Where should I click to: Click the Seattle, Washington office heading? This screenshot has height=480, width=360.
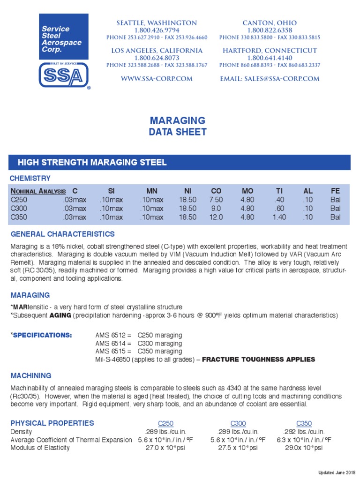coord(157,23)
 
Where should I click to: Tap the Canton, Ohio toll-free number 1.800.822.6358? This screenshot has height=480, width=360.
coord(270,30)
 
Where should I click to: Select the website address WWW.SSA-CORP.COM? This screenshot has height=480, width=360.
coord(157,79)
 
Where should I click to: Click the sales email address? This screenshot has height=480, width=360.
coord(270,79)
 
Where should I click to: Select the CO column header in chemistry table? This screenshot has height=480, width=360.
coord(216,191)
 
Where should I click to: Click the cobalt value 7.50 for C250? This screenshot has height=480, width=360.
coord(216,200)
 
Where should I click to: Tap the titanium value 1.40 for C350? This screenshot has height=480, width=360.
coord(279,217)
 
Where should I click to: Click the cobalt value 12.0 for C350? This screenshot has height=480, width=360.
coord(216,217)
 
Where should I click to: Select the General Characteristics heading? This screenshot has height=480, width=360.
coord(62,234)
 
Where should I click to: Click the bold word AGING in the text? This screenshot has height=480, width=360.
coord(60,315)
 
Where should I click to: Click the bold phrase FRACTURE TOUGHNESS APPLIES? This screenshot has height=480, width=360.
coord(258,360)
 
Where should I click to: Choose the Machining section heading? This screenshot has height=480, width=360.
coord(30,376)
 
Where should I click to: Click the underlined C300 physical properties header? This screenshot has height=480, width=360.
coord(238,423)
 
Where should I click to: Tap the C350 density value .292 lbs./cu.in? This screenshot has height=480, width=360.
coord(304,432)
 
